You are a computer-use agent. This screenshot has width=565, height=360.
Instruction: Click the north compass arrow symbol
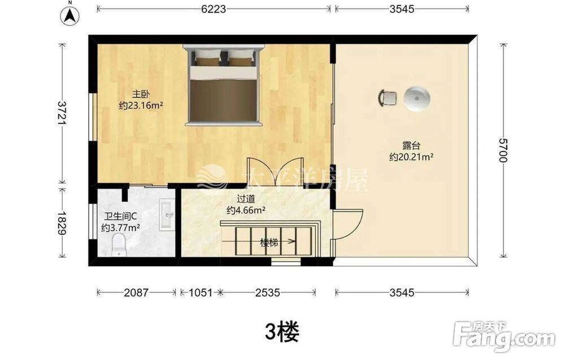point(70,15)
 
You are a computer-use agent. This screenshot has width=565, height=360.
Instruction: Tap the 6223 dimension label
point(214,8)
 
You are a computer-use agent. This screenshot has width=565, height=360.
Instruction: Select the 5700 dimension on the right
point(503,150)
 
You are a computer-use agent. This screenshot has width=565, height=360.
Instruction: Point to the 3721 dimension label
point(63,113)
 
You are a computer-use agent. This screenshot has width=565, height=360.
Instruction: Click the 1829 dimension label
point(63,223)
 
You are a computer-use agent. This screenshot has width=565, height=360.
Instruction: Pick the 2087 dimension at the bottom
point(136,292)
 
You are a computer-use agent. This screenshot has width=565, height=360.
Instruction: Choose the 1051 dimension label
point(201,292)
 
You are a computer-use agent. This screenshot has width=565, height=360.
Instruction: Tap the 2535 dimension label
point(268,292)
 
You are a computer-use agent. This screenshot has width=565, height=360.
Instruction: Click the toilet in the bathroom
point(118,245)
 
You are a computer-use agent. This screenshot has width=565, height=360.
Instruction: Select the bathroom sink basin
point(167,215)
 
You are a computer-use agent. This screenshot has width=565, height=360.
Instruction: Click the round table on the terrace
point(417,99)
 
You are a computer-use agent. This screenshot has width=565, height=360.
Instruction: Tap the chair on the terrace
point(388,98)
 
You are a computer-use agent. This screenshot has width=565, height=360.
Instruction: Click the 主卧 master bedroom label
point(141,94)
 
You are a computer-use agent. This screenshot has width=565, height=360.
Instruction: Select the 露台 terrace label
point(411,146)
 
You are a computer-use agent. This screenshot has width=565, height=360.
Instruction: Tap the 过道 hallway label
point(246,199)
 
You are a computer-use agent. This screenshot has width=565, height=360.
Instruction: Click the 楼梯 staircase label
point(269,242)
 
